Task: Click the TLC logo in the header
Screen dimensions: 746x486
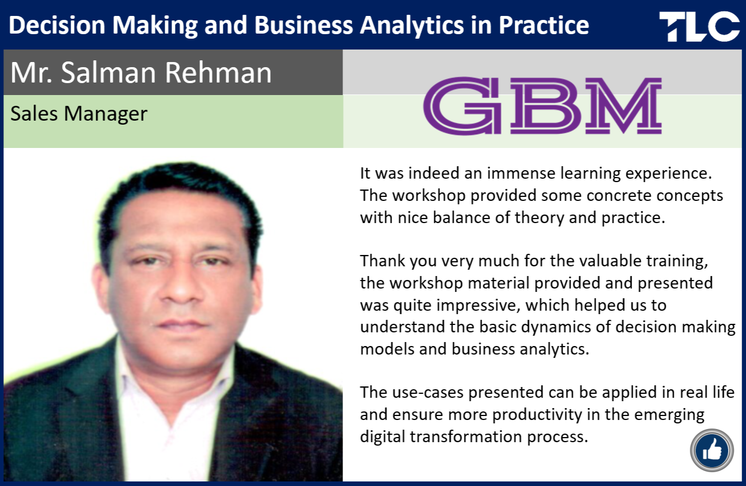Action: (699, 26)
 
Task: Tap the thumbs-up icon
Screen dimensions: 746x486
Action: (712, 450)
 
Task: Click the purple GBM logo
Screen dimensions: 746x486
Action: (542, 106)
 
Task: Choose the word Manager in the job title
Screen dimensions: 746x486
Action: (105, 114)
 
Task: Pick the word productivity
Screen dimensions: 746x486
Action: (537, 415)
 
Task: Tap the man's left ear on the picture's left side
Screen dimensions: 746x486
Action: (100, 290)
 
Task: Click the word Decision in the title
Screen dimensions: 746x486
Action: (57, 26)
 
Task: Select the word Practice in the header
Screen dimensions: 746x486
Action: (544, 26)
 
